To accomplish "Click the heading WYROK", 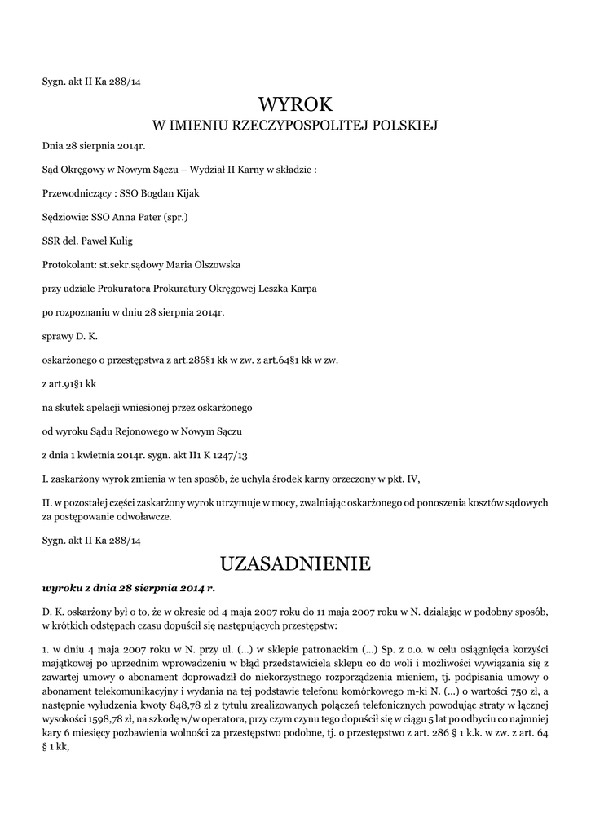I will point(296,104).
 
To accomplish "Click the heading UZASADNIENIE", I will point(295,563).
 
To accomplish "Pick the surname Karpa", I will point(301,288).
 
